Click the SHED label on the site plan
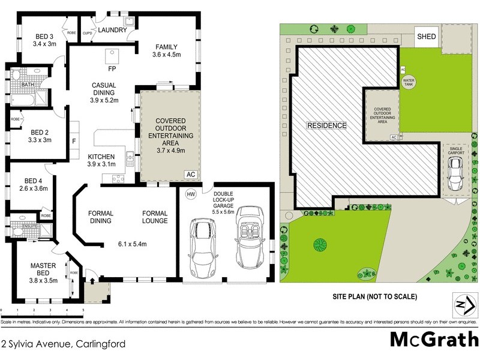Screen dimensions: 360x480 point(427,37)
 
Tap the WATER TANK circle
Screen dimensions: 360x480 point(409,82)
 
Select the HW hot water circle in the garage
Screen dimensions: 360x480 point(191,194)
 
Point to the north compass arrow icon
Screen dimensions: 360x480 point(460,304)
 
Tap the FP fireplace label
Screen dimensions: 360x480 point(112,68)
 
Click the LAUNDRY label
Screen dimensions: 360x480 point(112,30)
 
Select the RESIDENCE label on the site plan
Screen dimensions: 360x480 point(327,125)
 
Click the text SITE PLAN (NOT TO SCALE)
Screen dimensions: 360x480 point(374,296)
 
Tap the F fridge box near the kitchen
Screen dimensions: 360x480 point(73,142)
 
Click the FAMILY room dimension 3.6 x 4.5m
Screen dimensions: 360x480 point(168,55)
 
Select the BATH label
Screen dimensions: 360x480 point(28,85)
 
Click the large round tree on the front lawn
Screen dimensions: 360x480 point(320,244)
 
